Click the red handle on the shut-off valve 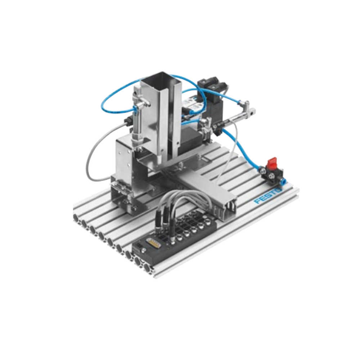click(x=271, y=162)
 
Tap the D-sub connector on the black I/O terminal click(x=153, y=242)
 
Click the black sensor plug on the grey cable click(x=128, y=121)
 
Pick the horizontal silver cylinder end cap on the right click(x=251, y=112)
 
